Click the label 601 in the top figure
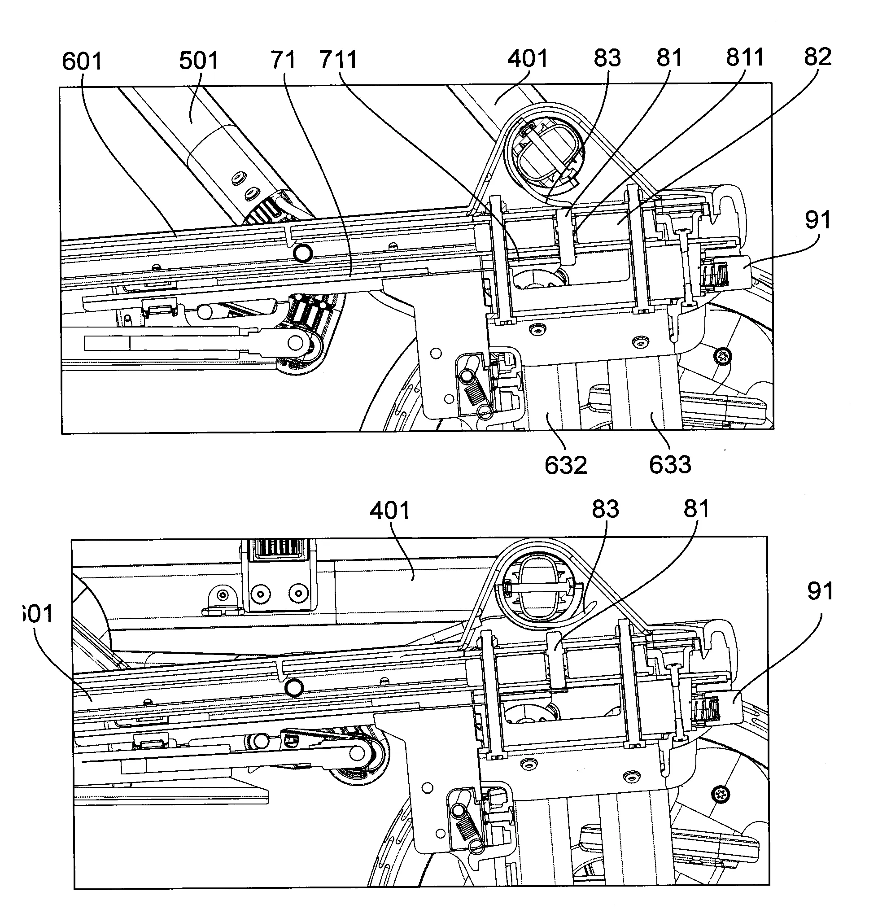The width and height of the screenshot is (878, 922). click(x=82, y=61)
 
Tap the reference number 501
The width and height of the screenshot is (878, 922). click(x=198, y=61)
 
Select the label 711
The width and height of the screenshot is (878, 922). click(x=338, y=59)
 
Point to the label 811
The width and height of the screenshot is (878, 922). click(x=745, y=57)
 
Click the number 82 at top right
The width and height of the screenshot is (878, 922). click(x=817, y=57)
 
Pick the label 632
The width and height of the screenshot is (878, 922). click(x=565, y=465)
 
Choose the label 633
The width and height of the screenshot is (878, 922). click(x=670, y=464)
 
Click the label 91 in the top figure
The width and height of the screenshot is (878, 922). click(x=817, y=219)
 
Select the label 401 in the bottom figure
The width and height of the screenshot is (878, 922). click(x=389, y=510)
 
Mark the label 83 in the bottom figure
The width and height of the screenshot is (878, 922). click(x=605, y=509)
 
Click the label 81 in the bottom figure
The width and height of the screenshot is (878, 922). click(x=696, y=508)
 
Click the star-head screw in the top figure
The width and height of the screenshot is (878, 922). click(x=723, y=357)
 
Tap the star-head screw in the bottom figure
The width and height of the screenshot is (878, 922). click(x=719, y=794)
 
